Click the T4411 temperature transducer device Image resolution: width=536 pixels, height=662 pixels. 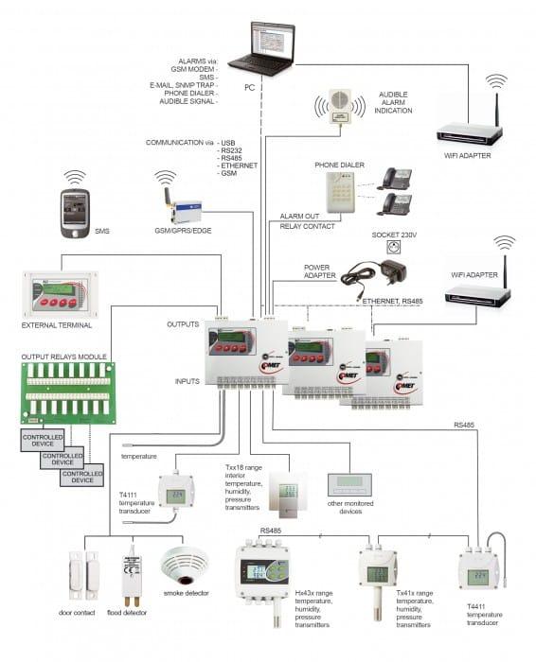pos(478,570)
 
